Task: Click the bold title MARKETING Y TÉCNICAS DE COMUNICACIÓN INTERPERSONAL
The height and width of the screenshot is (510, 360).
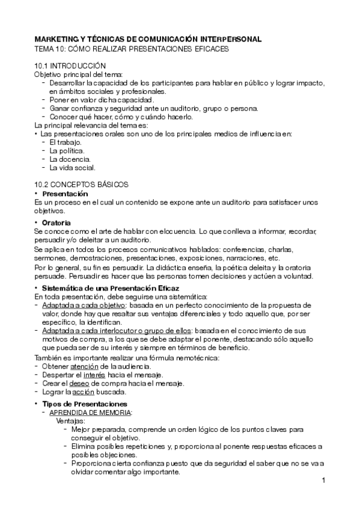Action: tap(147, 39)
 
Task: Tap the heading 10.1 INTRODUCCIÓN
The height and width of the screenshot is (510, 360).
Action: tap(70, 65)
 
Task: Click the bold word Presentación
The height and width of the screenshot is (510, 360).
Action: tap(66, 194)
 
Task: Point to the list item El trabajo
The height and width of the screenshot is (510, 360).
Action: tap(66, 142)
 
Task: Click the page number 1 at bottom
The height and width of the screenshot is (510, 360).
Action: tap(323, 481)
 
